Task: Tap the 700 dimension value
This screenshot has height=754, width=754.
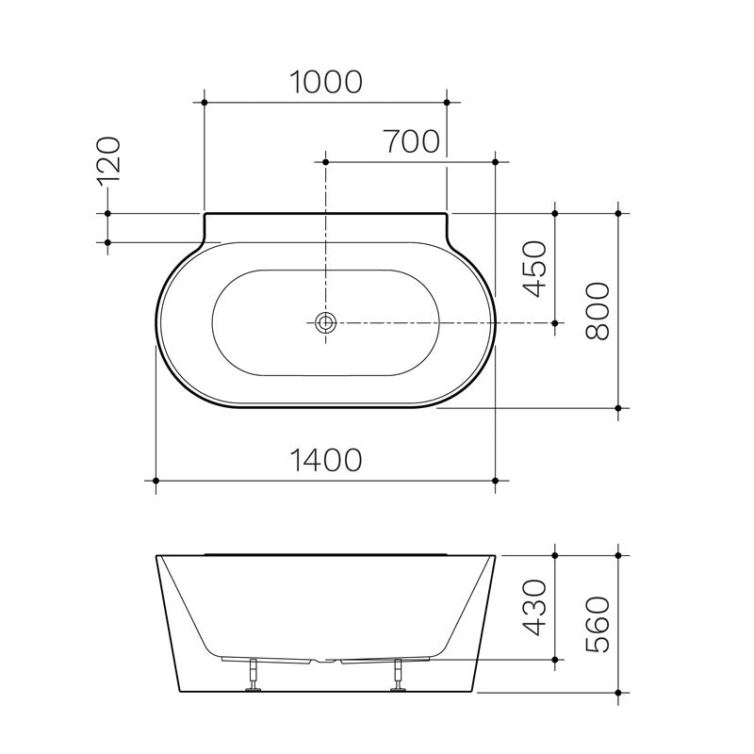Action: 412,141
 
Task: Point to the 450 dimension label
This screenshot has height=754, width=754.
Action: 534,270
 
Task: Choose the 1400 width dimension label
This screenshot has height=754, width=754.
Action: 325,460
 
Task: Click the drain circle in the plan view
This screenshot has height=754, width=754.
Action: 326,322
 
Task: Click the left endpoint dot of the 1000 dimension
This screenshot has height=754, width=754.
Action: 205,99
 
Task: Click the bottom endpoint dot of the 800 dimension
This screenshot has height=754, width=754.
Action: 618,408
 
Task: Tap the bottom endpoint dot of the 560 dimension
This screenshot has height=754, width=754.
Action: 618,693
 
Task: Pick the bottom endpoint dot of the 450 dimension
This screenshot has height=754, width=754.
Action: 555,322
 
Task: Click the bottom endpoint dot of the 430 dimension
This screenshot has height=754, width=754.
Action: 555,658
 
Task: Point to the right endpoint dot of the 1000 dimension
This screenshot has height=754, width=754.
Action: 447,99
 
